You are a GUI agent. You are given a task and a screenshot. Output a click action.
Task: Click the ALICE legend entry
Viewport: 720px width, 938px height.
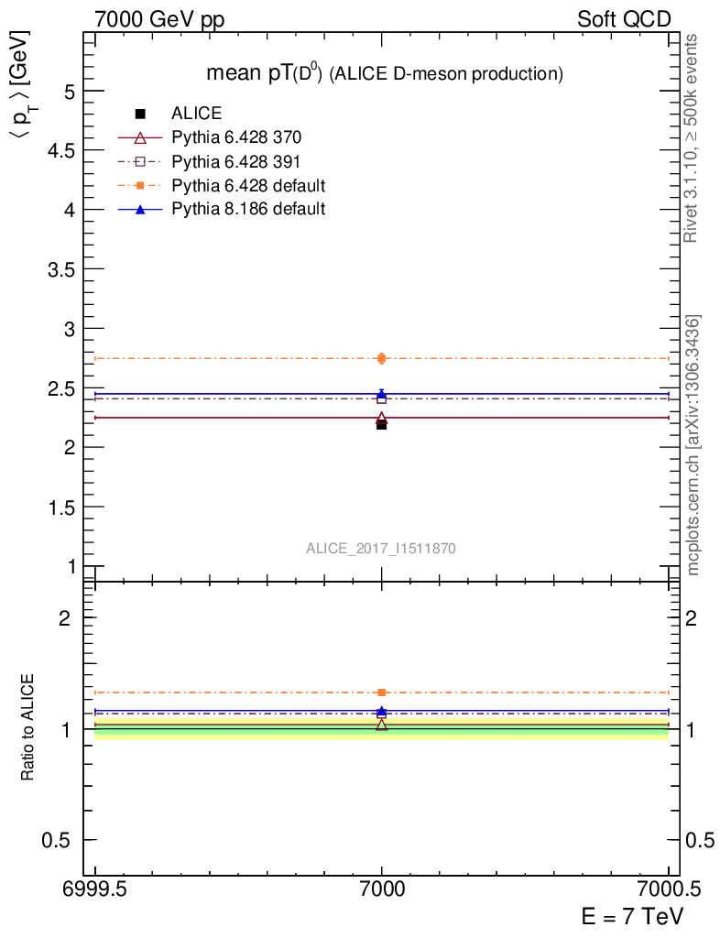(196, 115)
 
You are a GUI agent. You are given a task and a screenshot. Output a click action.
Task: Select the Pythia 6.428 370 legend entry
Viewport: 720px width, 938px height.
(236, 138)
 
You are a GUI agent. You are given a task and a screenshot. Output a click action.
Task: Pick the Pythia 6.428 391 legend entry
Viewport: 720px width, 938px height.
(236, 162)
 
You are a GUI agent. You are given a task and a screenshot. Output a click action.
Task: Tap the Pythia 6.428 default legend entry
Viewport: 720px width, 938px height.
(248, 186)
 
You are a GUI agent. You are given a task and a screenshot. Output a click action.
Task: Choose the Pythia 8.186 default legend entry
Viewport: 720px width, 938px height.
(248, 210)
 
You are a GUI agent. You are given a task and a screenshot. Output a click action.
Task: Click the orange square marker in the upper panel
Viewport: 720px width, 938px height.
(382, 358)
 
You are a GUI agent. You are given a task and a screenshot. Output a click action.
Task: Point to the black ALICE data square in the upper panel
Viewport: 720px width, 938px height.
(382, 425)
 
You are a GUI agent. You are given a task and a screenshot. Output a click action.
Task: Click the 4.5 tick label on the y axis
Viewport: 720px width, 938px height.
(58, 150)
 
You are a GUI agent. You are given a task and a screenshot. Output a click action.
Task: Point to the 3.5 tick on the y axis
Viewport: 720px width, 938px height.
(58, 269)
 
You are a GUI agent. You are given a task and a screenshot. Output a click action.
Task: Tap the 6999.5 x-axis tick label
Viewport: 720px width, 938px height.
(95, 889)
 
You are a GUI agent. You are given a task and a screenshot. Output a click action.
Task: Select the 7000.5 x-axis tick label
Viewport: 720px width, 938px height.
(668, 889)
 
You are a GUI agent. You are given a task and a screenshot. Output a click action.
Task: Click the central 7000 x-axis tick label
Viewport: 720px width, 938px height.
(382, 889)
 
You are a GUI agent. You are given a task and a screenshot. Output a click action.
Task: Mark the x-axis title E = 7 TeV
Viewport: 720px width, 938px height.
(632, 916)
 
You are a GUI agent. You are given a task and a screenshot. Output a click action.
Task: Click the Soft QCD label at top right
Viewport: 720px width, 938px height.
(624, 18)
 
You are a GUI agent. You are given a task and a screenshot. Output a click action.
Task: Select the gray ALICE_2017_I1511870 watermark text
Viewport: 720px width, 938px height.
(381, 548)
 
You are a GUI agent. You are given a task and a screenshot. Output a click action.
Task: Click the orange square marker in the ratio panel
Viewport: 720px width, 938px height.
(382, 693)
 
